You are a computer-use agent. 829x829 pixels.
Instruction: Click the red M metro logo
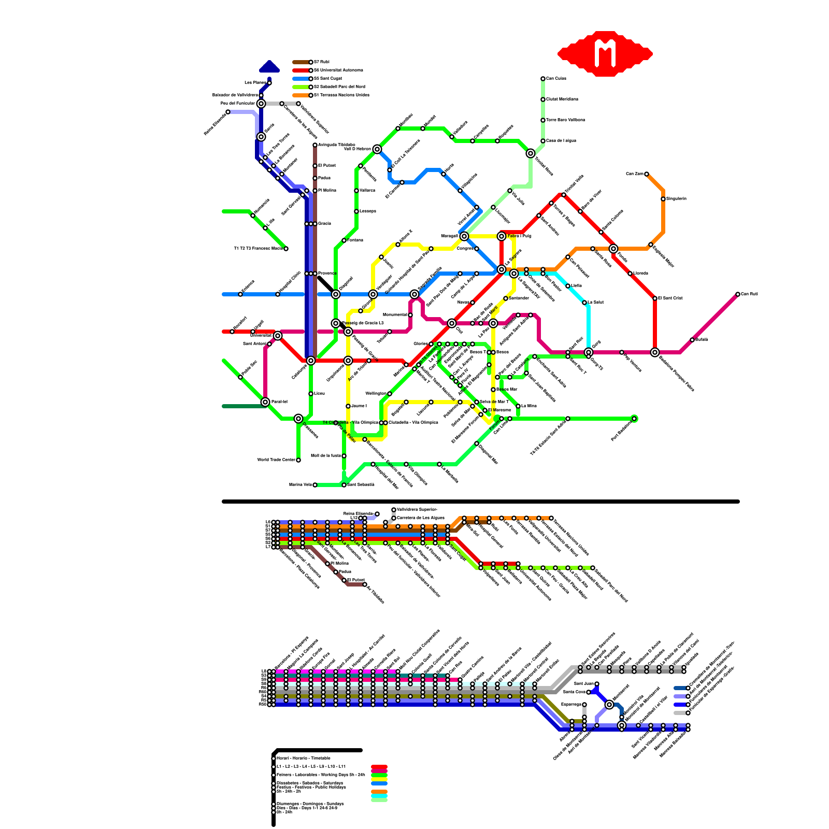(x=605, y=53)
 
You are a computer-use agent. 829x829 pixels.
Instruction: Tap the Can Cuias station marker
(x=543, y=79)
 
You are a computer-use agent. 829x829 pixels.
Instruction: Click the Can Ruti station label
(x=749, y=294)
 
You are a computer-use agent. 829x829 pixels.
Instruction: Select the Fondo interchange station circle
(x=613, y=249)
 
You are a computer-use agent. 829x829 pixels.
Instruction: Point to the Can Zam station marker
(x=647, y=174)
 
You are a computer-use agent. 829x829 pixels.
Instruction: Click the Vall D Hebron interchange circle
(x=377, y=149)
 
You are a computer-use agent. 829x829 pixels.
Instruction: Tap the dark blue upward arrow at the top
(x=269, y=67)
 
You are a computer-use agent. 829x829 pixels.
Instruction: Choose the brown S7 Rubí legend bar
(x=301, y=62)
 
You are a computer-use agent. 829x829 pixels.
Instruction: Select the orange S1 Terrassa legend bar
(x=301, y=95)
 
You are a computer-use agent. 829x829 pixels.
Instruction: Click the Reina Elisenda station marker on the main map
(x=228, y=112)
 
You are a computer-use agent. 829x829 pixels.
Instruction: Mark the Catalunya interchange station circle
(x=311, y=361)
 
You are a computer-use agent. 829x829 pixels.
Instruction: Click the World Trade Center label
(x=276, y=460)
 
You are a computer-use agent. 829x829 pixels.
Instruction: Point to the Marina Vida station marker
(x=315, y=485)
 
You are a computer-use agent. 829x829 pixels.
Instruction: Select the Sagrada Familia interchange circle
(x=414, y=294)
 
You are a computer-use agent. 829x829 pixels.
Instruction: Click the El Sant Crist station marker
(x=655, y=298)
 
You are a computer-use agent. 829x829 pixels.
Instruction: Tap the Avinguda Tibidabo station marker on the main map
(x=315, y=145)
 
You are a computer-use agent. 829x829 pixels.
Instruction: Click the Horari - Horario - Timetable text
(x=303, y=758)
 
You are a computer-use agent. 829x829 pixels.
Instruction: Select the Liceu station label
(x=319, y=394)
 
